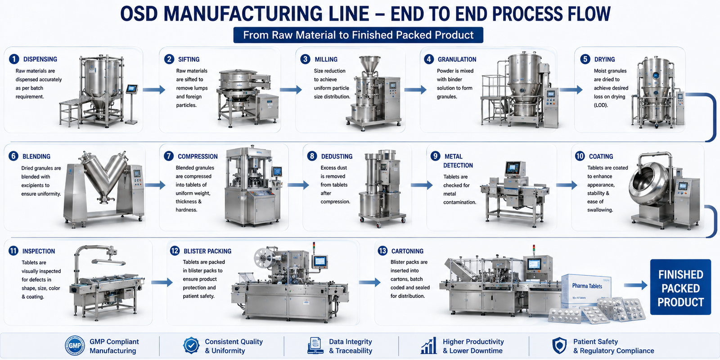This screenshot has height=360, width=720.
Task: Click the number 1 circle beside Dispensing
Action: click(x=14, y=59)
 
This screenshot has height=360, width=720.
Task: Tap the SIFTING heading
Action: click(x=189, y=59)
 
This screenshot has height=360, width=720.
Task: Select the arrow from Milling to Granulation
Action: click(x=415, y=90)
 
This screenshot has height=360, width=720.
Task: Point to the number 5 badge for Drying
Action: click(x=585, y=59)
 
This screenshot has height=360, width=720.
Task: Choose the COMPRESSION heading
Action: click(x=198, y=157)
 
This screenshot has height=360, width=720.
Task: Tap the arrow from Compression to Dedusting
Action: click(x=298, y=185)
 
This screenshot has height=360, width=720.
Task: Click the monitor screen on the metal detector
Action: click(x=513, y=167)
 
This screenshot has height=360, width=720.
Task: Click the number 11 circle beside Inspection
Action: click(x=13, y=251)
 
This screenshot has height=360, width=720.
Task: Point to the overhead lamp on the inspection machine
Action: click(x=108, y=262)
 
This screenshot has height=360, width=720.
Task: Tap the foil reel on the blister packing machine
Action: click(x=264, y=258)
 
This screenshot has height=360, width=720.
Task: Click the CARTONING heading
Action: click(x=407, y=251)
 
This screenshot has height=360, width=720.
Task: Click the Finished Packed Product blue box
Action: click(x=680, y=287)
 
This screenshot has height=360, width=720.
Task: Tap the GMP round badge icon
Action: click(x=75, y=346)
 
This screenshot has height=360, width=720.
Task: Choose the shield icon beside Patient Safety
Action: click(x=559, y=346)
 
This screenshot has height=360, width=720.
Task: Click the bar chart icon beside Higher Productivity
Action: click(x=429, y=346)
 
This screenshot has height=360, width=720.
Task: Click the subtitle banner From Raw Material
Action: click(x=358, y=35)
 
